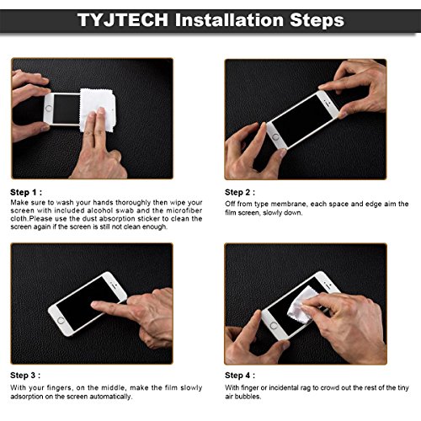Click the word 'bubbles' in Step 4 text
point(255,396)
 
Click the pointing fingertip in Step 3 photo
point(95,305)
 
